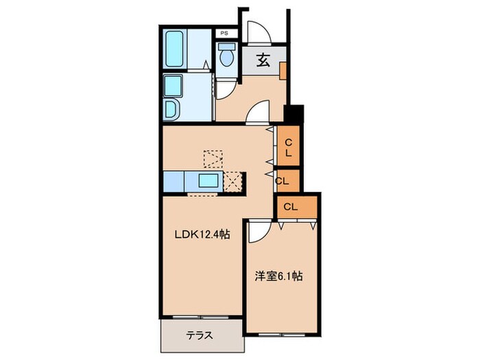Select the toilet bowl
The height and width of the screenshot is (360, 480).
point(227,56)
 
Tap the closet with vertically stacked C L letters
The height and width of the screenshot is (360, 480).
point(289,147)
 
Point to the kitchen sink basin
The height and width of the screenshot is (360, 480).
point(208,182)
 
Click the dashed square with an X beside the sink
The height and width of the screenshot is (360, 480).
point(235,182)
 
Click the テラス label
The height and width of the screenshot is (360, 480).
point(198,336)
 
